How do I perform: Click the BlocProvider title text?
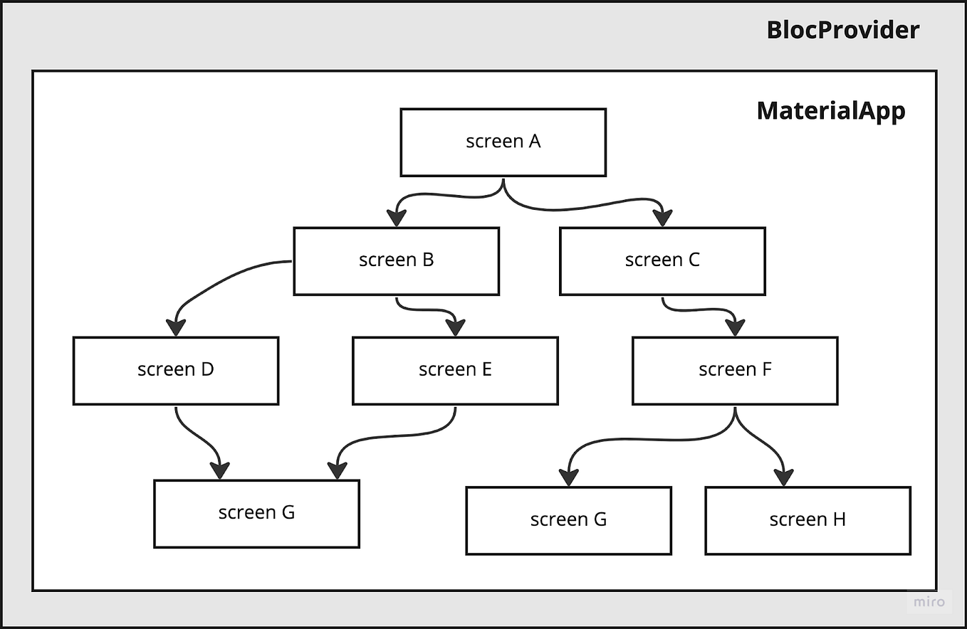pyautogui.click(x=842, y=31)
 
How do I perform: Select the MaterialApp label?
pyautogui.click(x=830, y=111)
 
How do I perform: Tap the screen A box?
pyautogui.click(x=503, y=142)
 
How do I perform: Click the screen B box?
pyautogui.click(x=396, y=260)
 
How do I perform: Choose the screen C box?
pyautogui.click(x=662, y=260)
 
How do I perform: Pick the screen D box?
pyautogui.click(x=175, y=370)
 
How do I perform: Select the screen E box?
pyautogui.click(x=455, y=370)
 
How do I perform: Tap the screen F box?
pyautogui.click(x=735, y=370)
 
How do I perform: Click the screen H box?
pyautogui.click(x=807, y=520)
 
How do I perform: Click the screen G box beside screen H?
pyautogui.click(x=568, y=520)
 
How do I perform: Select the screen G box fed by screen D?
pyautogui.click(x=256, y=513)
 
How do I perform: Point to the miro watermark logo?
pyautogui.click(x=930, y=602)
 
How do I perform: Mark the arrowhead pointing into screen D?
pyautogui.click(x=176, y=327)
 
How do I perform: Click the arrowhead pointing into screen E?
pyautogui.click(x=455, y=327)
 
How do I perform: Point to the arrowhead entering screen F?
pyautogui.click(x=735, y=327)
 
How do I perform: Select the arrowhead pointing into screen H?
pyautogui.click(x=784, y=477)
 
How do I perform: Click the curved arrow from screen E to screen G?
pyautogui.click(x=399, y=435)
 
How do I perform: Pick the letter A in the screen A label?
pyautogui.click(x=534, y=142)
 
